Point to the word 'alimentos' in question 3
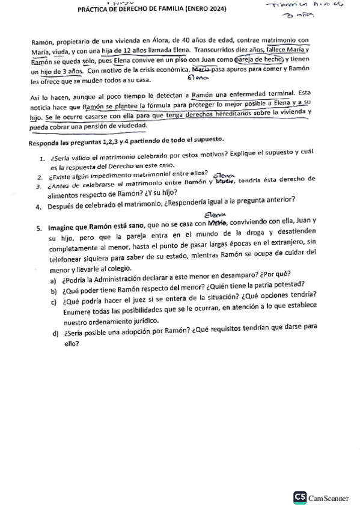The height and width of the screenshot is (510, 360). coord(66,194)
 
